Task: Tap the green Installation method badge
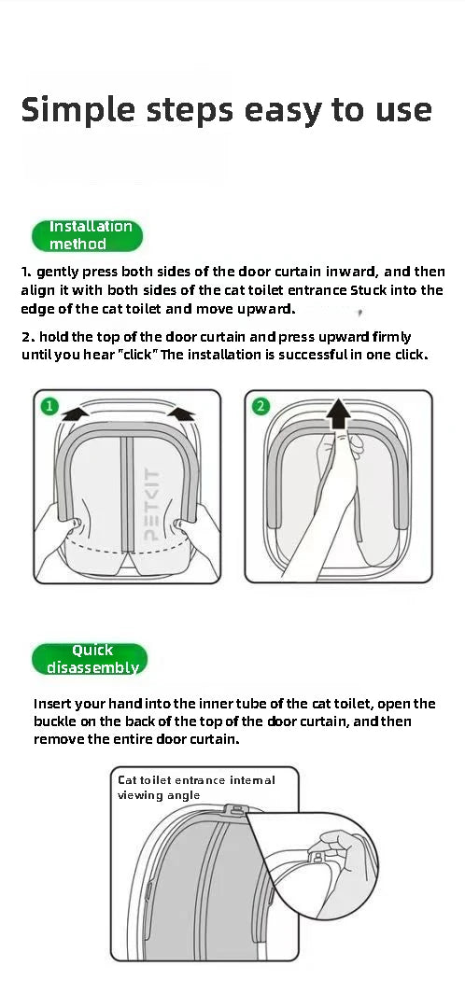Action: point(91,235)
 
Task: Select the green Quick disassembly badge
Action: point(91,659)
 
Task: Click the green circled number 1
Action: point(49,407)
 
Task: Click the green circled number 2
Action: point(261,407)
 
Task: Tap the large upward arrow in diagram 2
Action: point(342,412)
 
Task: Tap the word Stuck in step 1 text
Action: point(374,290)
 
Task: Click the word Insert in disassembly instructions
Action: point(54,704)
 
